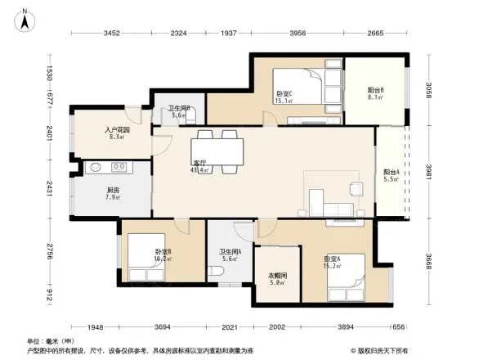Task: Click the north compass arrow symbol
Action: pos(25,18)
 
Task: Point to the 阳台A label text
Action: pos(392,174)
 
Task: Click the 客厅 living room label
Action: pos(199,166)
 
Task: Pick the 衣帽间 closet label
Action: pos(277,280)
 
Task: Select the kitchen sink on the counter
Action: pos(96,168)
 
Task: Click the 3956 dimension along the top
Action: pos(298,34)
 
